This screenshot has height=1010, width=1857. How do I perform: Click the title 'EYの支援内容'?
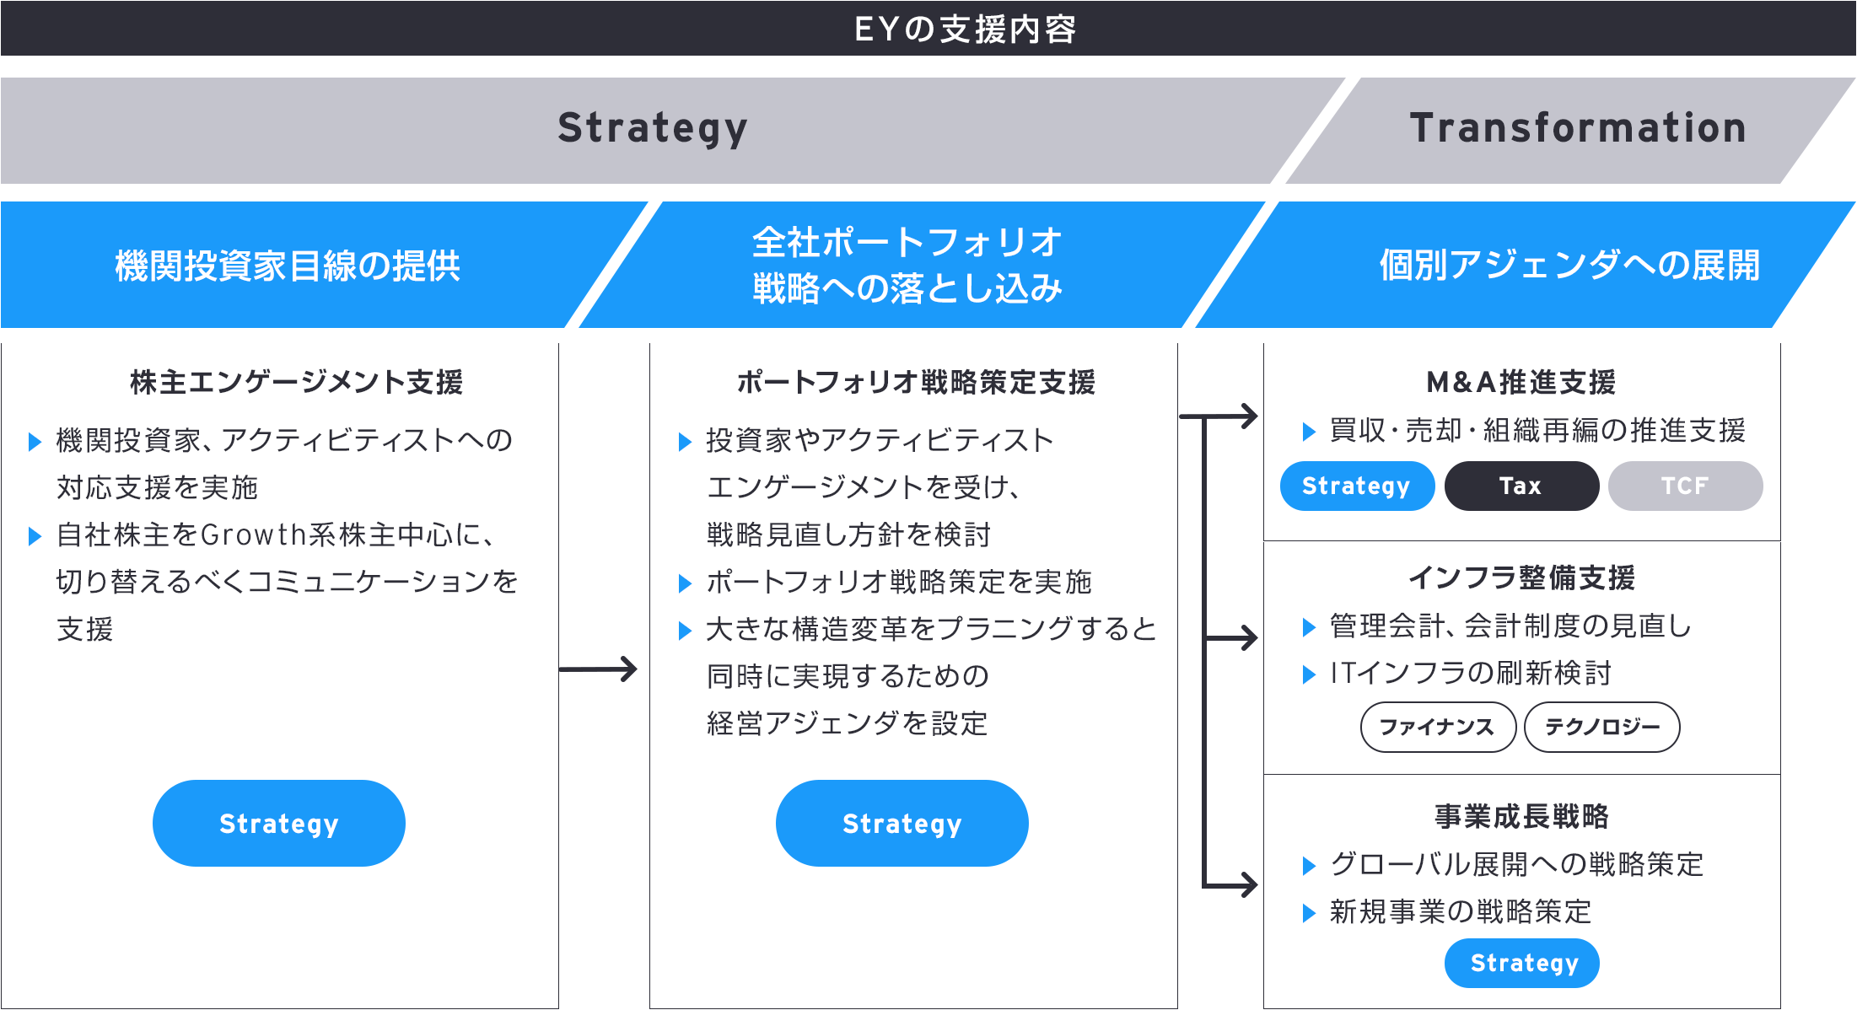pos(965,30)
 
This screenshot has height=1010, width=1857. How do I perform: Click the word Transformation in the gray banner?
pos(1578,128)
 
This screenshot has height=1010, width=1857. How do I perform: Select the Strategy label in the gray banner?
pos(653,129)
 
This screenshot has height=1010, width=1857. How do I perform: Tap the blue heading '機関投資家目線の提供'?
pos(288,266)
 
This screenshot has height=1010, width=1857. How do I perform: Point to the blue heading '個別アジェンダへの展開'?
pos(1569,266)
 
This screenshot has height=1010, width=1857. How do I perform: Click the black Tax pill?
pos(1521,486)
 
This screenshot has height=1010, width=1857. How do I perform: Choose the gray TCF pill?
pos(1685,486)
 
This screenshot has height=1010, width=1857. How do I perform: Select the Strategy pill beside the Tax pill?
pos(1357,486)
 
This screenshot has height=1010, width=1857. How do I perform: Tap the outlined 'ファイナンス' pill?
pos(1438,727)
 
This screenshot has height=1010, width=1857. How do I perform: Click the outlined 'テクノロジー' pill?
pos(1602,727)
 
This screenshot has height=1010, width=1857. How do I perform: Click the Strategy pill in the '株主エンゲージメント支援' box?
pos(279,823)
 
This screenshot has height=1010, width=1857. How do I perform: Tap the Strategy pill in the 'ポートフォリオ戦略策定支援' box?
pos(902,823)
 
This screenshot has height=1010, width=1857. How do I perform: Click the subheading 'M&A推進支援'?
pos(1521,382)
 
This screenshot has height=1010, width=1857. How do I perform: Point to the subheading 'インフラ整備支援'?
pos(1521,578)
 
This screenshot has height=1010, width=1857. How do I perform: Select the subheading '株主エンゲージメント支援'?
pos(296,382)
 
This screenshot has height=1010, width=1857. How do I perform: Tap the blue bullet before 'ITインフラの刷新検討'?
pos(1309,674)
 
